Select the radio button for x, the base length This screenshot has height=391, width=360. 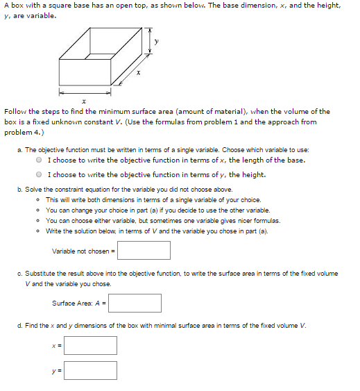point(41,160)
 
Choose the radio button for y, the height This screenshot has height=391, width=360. point(41,175)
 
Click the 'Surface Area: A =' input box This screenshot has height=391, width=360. point(135,303)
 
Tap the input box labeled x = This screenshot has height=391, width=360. point(90,345)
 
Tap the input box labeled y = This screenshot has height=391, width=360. point(90,370)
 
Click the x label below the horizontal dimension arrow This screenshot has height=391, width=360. point(83,101)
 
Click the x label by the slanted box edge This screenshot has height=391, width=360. point(139,74)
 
